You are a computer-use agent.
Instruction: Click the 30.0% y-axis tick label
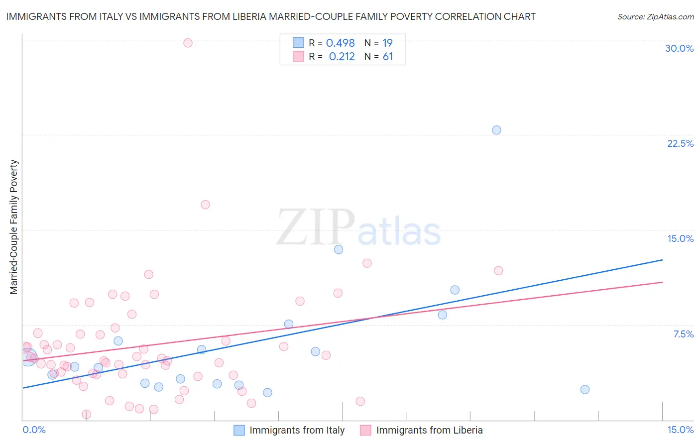tap(679, 48)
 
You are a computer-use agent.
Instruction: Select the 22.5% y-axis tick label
tap(680, 143)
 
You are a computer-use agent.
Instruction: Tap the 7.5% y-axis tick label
tap(683, 334)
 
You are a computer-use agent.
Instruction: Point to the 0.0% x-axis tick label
tap(34, 430)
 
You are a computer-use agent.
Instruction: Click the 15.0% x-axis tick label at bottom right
tap(680, 430)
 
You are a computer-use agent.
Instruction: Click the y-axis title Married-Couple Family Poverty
tap(14, 226)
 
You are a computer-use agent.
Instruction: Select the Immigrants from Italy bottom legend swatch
tap(239, 430)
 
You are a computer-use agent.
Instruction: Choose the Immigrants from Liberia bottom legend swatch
tap(366, 430)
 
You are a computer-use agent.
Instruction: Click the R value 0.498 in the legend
tap(341, 43)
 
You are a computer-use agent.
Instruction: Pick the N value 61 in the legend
tap(388, 57)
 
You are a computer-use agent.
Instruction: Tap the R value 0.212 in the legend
tap(342, 57)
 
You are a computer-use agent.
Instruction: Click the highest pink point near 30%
tap(188, 43)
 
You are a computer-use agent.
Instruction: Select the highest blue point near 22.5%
tap(496, 130)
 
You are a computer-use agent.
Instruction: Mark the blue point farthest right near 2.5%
tap(585, 389)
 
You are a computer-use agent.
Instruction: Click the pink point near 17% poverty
tap(205, 205)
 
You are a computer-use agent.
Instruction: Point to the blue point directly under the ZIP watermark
tap(339, 249)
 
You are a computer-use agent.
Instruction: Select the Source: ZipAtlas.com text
tap(655, 16)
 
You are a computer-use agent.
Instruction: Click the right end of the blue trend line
tap(662, 260)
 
